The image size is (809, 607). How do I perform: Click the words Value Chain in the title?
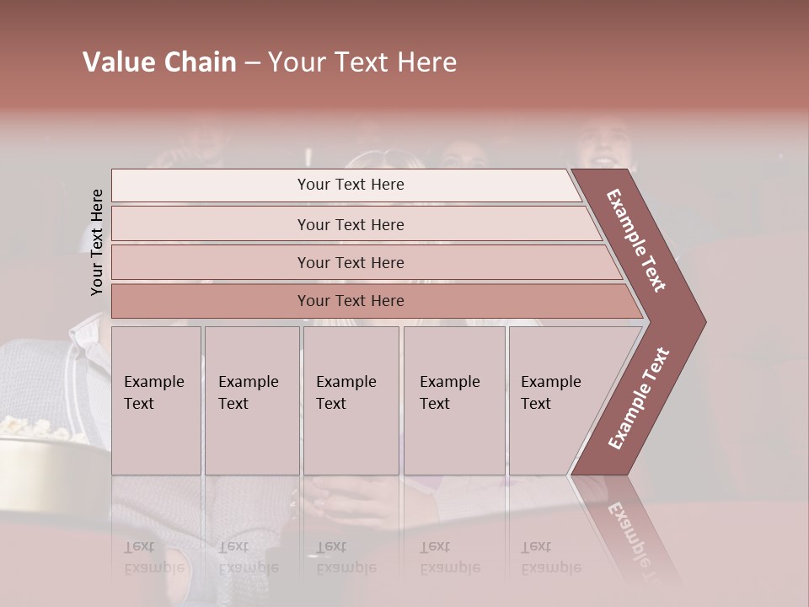click(x=159, y=62)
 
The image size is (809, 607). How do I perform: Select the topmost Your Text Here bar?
click(x=350, y=185)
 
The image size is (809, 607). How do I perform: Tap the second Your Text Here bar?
click(x=350, y=224)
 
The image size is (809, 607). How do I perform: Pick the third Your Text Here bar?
click(x=350, y=262)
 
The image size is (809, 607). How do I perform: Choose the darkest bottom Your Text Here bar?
click(x=350, y=301)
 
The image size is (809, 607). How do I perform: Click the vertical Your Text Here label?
click(x=97, y=242)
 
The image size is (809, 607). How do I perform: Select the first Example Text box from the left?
click(x=156, y=400)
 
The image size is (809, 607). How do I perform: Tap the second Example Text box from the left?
click(x=251, y=400)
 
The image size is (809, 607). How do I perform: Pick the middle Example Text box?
click(x=351, y=400)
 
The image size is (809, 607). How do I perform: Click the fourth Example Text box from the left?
click(x=453, y=400)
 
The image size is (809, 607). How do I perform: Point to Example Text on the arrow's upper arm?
click(x=636, y=240)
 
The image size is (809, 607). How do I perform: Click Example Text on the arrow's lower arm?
click(x=639, y=398)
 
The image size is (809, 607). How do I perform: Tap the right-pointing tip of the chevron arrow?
click(x=700, y=321)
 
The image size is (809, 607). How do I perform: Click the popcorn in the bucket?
click(x=34, y=428)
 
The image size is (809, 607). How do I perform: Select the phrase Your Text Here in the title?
click(x=362, y=62)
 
